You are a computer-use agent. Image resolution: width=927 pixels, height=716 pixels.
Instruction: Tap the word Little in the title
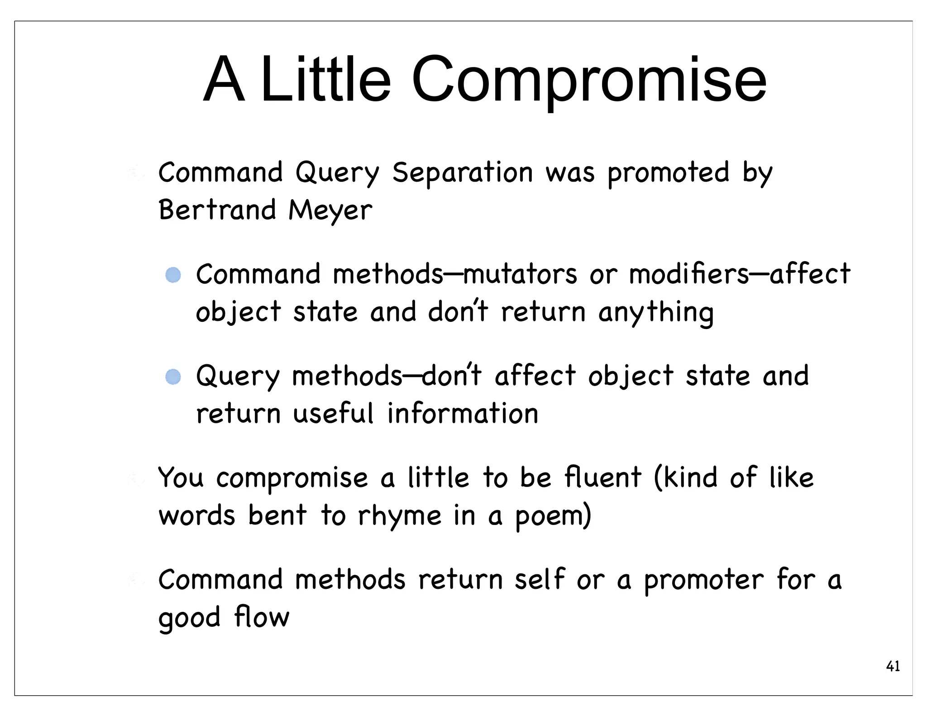point(325,81)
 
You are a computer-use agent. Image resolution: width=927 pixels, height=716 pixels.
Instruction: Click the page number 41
point(893,666)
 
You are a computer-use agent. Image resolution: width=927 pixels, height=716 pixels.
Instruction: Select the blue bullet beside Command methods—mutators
point(173,275)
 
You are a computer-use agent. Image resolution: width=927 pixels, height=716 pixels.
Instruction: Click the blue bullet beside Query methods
point(173,377)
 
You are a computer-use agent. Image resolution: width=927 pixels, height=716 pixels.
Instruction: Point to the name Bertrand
point(217,210)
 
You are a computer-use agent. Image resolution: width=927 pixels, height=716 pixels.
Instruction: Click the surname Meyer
point(330,211)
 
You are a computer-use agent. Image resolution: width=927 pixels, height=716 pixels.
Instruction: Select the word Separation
point(463,173)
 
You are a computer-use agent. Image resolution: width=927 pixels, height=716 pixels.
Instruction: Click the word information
point(463,414)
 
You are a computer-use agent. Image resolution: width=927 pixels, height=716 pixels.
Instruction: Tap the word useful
point(334,414)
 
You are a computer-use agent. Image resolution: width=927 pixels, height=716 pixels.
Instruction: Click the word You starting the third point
point(181,478)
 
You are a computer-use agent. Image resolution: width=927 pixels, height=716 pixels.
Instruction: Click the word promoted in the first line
point(668,173)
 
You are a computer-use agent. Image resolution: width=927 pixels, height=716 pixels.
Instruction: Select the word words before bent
point(197,516)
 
